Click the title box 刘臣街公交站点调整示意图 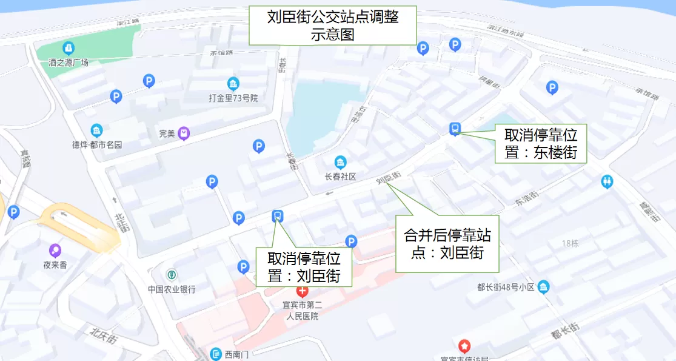click(x=332, y=25)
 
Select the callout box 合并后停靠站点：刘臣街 click(x=447, y=243)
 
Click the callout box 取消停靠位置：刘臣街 click(x=304, y=267)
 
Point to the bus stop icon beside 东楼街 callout click(x=455, y=129)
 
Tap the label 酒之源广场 click(x=69, y=62)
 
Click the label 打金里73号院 click(x=233, y=98)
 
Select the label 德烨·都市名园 click(x=97, y=144)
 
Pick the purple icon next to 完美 click(x=184, y=133)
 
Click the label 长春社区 click(x=340, y=177)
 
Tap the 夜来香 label click(x=55, y=265)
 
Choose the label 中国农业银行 click(x=172, y=289)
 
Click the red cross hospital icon click(x=302, y=291)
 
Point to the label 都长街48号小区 click(x=506, y=287)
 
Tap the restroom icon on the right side click(x=607, y=181)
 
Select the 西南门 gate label click(x=236, y=354)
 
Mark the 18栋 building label click(x=570, y=243)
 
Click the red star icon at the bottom click(x=464, y=346)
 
